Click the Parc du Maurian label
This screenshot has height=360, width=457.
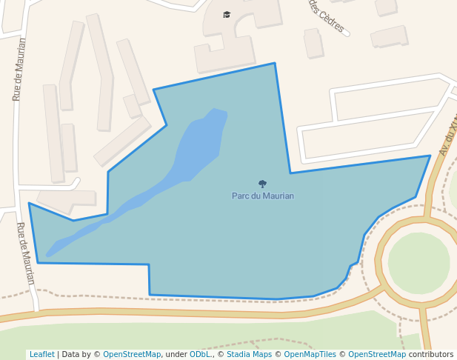pyautogui.click(x=263, y=196)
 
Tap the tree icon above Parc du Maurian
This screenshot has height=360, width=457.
pyautogui.click(x=262, y=184)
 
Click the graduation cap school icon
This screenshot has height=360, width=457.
pyautogui.click(x=227, y=14)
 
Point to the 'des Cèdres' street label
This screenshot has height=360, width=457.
pyautogui.click(x=327, y=16)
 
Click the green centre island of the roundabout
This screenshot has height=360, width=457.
pyautogui.click(x=418, y=263)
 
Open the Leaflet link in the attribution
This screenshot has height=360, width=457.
pyautogui.click(x=42, y=355)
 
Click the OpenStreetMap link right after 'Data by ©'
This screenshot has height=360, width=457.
pyautogui.click(x=132, y=355)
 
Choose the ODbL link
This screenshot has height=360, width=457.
pyautogui.click(x=201, y=355)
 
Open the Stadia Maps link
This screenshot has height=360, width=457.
pyautogui.click(x=249, y=355)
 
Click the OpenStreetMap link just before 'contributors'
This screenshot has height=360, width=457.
pyautogui.click(x=377, y=355)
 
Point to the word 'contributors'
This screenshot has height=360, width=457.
pyautogui.click(x=431, y=355)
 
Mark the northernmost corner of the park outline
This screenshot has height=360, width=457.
pyautogui.click(x=275, y=64)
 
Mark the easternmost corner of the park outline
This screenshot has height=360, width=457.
pyautogui.click(x=430, y=156)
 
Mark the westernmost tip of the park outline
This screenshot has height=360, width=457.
pyautogui.click(x=30, y=203)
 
